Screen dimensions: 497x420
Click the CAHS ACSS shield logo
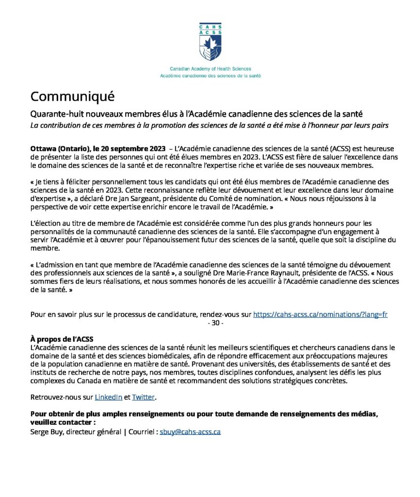pos(210,41)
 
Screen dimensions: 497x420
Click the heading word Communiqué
pos(73,96)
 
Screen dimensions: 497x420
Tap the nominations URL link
pos(320,314)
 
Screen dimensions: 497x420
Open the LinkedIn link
pos(108,397)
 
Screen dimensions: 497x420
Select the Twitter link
pos(143,397)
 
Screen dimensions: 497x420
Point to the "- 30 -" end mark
pos(215,323)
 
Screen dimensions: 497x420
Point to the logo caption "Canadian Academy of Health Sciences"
pos(210,69)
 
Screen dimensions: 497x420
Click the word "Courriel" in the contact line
pos(141,431)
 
